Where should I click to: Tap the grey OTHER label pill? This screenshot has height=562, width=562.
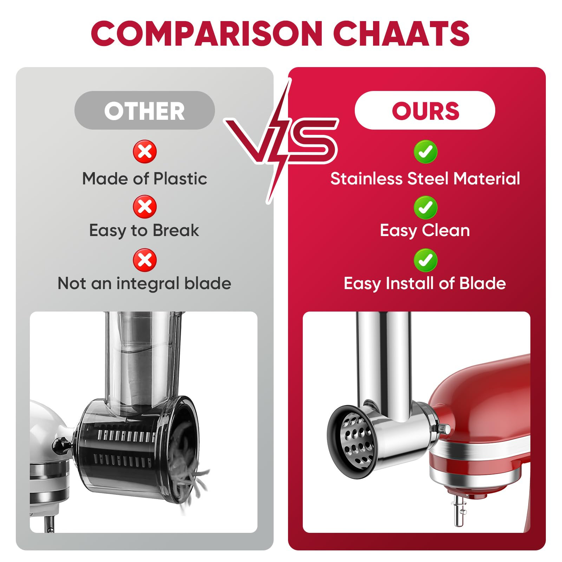144,110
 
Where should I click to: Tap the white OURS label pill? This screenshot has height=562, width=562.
425,110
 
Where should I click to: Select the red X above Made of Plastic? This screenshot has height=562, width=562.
145,152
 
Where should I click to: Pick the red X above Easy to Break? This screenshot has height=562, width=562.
145,207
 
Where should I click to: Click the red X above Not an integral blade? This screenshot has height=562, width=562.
145,260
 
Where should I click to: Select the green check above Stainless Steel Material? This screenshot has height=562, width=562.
425,152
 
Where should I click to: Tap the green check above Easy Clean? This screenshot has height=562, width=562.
425,207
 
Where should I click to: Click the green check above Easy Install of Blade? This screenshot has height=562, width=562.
425,260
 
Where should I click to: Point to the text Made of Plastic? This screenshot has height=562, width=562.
144,178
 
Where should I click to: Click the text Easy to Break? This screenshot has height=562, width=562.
144,231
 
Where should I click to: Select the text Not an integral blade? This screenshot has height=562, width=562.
144,283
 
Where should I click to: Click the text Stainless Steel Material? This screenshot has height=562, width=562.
425,178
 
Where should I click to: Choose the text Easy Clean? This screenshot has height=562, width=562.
425,231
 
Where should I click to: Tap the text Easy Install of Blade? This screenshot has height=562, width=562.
425,283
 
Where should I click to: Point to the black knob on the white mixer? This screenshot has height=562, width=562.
60,446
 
